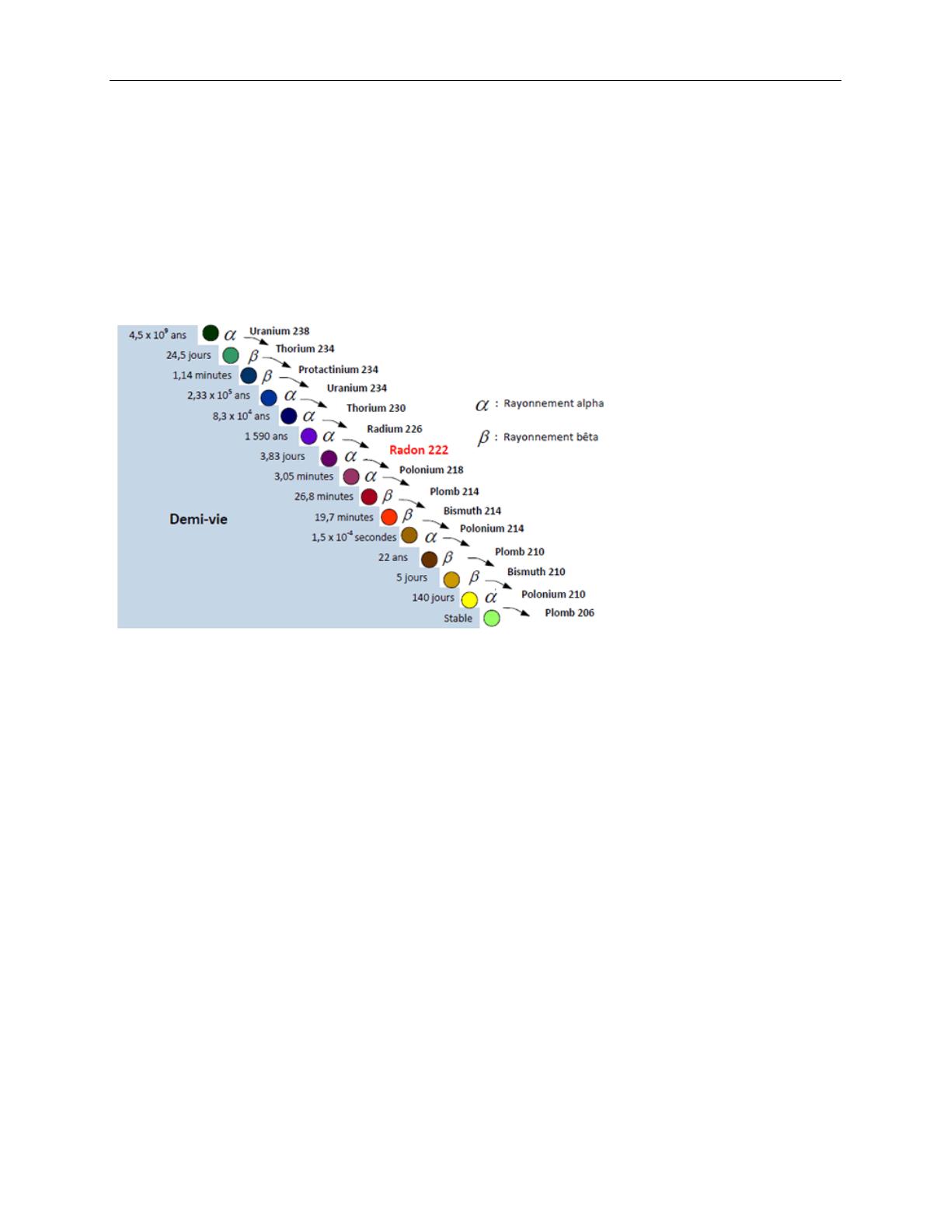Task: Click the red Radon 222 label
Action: click(419, 450)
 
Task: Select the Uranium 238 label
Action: click(279, 331)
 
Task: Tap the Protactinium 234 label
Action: click(338, 369)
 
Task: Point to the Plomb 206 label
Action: click(570, 612)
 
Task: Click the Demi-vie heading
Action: click(198, 519)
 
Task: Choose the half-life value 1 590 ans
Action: click(266, 436)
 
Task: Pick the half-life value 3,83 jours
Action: click(282, 457)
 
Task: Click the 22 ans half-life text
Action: click(392, 557)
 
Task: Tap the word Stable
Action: click(458, 618)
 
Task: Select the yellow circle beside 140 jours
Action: click(469, 599)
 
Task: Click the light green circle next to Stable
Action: click(492, 618)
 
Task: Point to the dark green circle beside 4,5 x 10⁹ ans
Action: click(210, 333)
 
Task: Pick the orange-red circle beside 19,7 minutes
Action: click(389, 517)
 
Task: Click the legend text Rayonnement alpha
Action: click(553, 403)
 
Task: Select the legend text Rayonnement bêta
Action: click(551, 437)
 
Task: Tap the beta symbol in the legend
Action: click(483, 438)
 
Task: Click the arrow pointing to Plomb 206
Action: click(517, 611)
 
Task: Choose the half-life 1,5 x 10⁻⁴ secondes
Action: click(354, 536)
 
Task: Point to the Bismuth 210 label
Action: click(536, 572)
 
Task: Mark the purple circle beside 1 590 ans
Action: click(308, 436)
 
